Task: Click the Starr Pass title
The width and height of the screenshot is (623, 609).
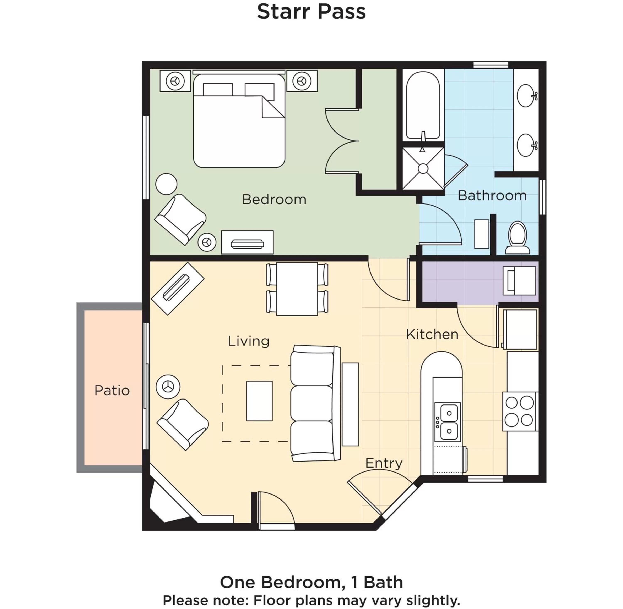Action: [x=311, y=12]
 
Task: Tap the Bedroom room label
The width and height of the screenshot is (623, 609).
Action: [x=274, y=200]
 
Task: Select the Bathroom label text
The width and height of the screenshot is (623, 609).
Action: [x=492, y=195]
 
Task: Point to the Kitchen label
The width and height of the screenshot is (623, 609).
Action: [x=432, y=335]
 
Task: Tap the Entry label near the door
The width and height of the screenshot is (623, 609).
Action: [x=384, y=463]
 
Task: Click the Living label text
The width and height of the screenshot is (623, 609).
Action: [x=248, y=341]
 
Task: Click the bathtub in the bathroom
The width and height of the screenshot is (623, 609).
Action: [x=423, y=106]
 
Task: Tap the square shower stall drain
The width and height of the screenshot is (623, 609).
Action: [x=423, y=169]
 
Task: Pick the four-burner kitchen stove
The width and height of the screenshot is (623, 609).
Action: [x=519, y=411]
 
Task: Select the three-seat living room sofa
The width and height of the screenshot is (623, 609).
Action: [x=314, y=404]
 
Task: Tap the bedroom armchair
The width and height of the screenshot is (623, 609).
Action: [x=180, y=219]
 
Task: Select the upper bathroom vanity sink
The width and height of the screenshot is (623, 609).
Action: [x=526, y=96]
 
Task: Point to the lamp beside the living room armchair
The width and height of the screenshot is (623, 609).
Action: [x=168, y=387]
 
